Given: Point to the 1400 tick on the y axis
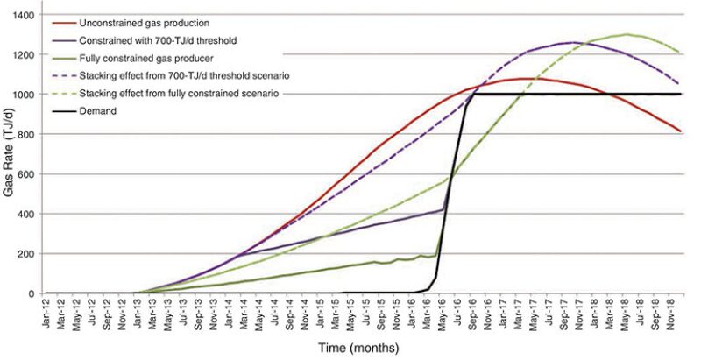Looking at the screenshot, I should tap(23, 16).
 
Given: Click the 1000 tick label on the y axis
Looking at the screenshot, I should tap(23, 95).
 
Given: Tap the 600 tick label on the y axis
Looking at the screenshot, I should tap(25, 174).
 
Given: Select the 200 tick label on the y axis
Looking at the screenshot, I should tap(25, 254).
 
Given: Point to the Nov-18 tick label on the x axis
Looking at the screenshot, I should tap(673, 313).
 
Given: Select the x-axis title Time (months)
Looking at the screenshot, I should tap(360, 348).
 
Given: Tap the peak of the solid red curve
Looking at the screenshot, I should tap(523, 79).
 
